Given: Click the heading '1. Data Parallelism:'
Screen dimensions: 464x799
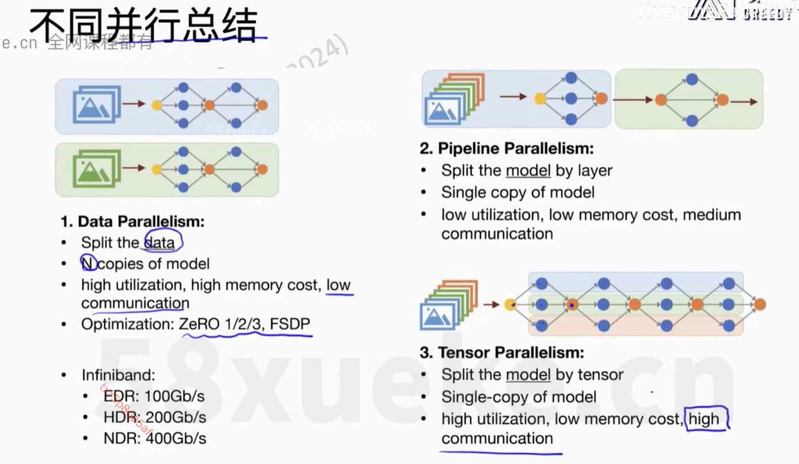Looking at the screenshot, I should pos(133,222).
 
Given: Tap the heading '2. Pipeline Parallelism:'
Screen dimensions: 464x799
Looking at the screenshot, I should pos(506,149).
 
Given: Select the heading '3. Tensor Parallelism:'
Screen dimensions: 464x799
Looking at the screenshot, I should pos(502,353).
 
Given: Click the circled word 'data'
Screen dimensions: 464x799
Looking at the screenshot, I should pos(160,243).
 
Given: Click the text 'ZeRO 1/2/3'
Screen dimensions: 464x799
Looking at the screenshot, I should pos(221,324).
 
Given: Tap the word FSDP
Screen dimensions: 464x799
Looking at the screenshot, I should pos(290,324).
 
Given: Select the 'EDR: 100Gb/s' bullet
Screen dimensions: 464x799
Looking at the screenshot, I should pos(154,396).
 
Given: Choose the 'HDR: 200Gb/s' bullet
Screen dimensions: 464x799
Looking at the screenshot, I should pos(155,417).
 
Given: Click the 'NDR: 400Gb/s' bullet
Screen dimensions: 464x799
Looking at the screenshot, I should pos(155,439).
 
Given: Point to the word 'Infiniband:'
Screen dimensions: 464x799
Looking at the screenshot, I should pos(118,376).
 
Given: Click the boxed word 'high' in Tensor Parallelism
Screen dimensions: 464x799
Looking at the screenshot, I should pos(704,419).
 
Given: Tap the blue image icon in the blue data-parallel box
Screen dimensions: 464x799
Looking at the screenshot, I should pos(96,105).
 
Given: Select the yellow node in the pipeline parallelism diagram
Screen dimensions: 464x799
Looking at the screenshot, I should pos(540,99).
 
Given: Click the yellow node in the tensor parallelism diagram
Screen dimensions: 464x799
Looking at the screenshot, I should pos(509,304).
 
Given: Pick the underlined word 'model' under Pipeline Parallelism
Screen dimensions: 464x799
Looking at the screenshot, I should pos(528,171).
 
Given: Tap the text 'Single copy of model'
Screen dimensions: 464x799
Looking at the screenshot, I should pos(518,192).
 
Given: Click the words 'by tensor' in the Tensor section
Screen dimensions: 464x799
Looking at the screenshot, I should pos(589,375).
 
